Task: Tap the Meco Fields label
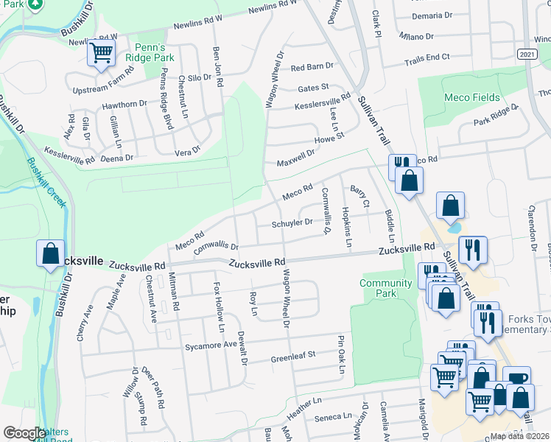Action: point(471,97)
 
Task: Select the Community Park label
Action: point(385,288)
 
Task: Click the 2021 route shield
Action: point(527,55)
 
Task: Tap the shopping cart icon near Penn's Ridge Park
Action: point(101,53)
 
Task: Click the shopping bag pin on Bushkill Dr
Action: point(50,253)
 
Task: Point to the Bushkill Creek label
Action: point(46,183)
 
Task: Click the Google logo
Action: point(24,433)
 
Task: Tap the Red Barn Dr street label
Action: point(312,67)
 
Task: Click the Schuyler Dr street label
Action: point(292,223)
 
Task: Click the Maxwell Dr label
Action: point(295,157)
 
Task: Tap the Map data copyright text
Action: point(518,436)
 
